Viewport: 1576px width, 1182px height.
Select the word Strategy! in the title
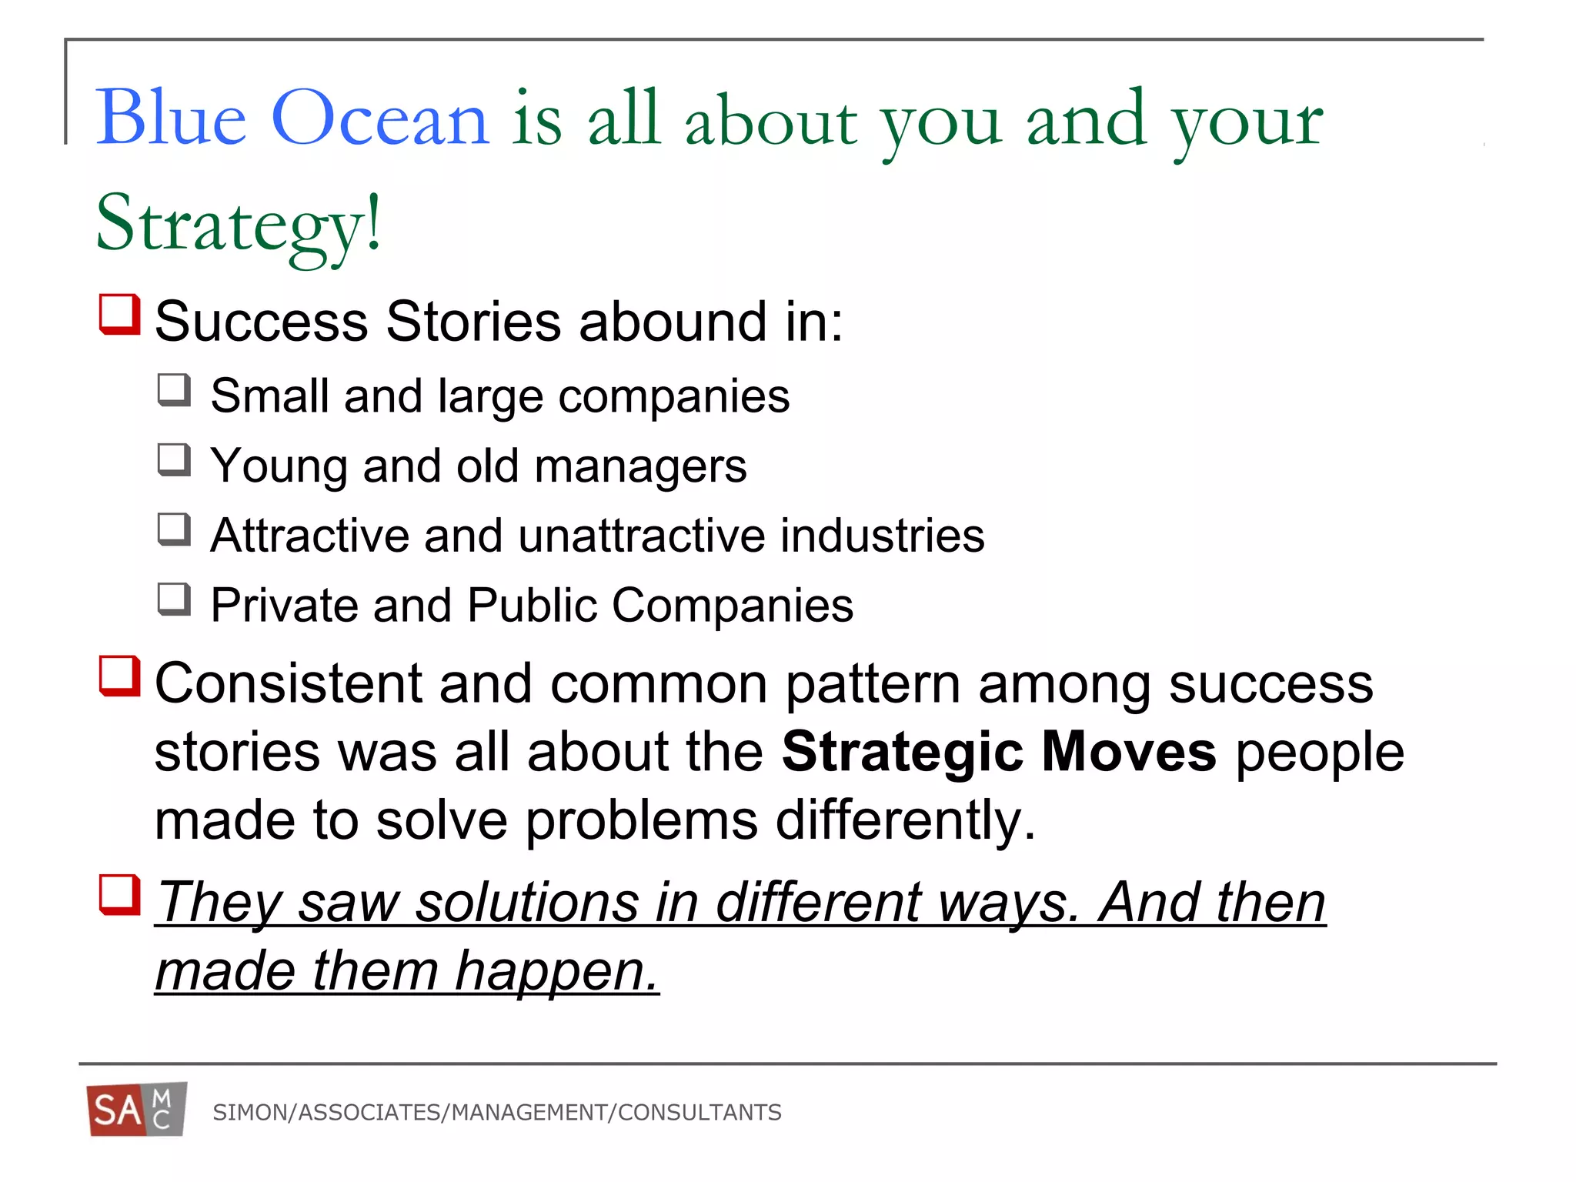click(239, 223)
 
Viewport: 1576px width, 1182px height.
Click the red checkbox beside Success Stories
click(120, 314)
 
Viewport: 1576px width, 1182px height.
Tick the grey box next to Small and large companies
click(175, 390)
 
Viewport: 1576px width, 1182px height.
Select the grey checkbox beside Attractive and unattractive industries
click(175, 529)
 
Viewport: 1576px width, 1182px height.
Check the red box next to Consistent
click(120, 676)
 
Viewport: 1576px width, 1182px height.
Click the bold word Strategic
click(902, 752)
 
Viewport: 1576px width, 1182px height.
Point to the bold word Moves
click(1129, 752)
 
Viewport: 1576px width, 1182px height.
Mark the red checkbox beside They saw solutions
click(120, 894)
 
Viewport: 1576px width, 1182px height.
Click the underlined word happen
click(557, 971)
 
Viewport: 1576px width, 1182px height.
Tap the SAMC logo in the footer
click(137, 1110)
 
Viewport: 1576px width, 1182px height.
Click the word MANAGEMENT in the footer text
click(529, 1113)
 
